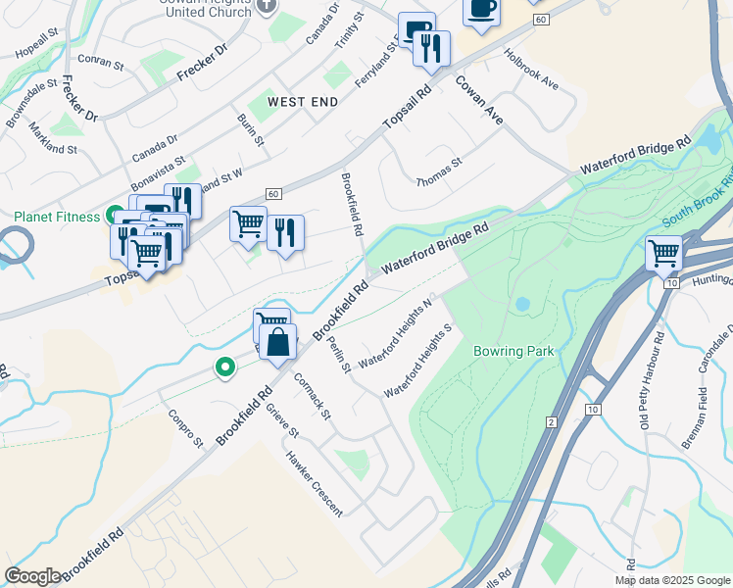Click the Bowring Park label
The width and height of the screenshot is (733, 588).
513,351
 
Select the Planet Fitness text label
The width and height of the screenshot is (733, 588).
57,217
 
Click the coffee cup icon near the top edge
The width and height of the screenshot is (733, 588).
481,8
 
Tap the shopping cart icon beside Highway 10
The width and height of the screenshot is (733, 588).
664,255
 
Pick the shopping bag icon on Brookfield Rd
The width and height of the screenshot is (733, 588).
278,343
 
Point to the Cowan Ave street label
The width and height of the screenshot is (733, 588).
479,101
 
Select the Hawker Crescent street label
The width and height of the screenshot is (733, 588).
315,482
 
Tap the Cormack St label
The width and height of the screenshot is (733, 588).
312,396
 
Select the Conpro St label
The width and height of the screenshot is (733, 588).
184,428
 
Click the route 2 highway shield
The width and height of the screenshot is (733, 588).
552,422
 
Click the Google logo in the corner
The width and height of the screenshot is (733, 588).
33,576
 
